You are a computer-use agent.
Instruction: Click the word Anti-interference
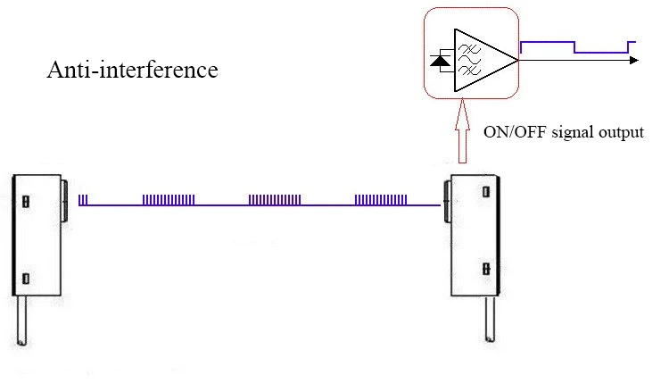132,71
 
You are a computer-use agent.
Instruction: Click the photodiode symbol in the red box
440,61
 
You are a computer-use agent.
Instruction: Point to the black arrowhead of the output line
634,60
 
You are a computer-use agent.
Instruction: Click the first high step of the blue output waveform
547,41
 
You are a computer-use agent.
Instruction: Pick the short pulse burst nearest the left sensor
83,200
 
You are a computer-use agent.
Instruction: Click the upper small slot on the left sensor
26,201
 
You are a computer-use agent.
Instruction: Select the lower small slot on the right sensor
484,268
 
